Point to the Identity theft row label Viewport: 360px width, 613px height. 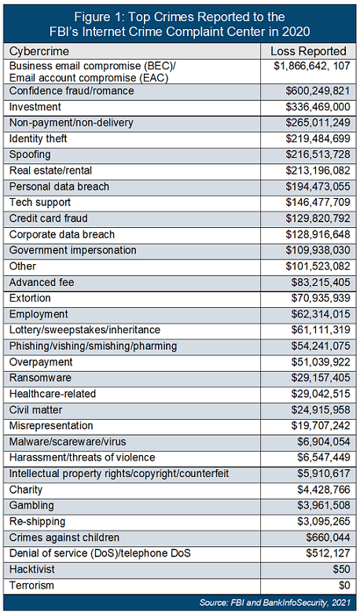(x=39, y=139)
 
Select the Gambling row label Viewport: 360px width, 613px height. (x=32, y=505)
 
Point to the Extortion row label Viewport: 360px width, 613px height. (x=32, y=299)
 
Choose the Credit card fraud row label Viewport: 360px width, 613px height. (x=48, y=218)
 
